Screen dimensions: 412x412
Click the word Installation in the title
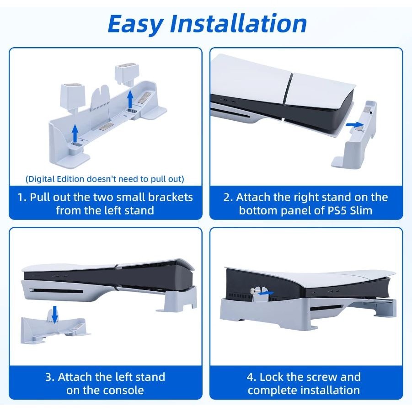pyautogui.click(x=238, y=23)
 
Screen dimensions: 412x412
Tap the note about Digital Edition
pyautogui.click(x=105, y=179)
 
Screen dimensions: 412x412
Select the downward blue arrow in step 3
pyautogui.click(x=55, y=314)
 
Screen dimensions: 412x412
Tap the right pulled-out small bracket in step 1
pyautogui.click(x=127, y=75)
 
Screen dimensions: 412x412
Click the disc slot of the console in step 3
pyautogui.click(x=57, y=291)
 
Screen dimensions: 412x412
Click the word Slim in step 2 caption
pyautogui.click(x=361, y=210)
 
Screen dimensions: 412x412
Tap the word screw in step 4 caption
pyautogui.click(x=321, y=377)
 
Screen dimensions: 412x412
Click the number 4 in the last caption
pyautogui.click(x=251, y=377)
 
